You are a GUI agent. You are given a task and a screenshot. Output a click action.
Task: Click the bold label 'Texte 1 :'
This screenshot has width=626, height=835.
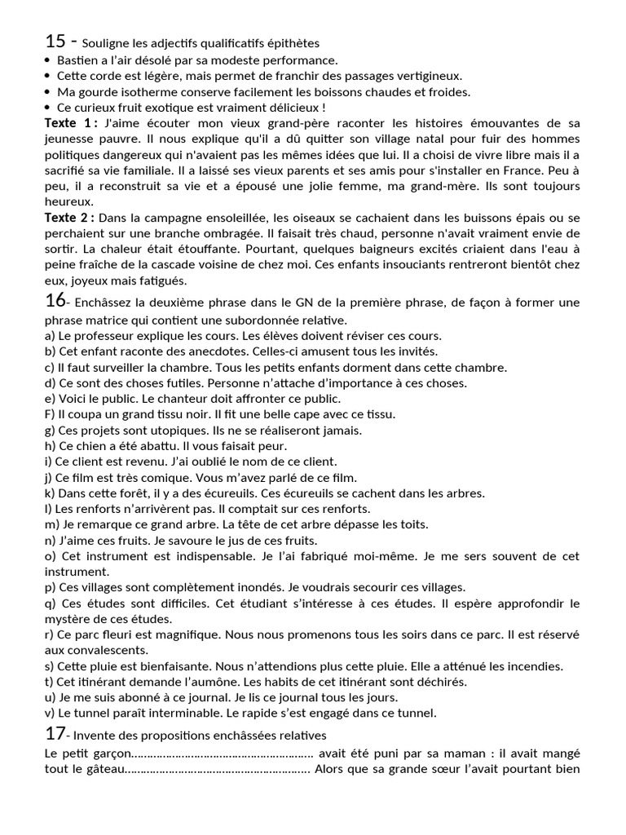point(71,123)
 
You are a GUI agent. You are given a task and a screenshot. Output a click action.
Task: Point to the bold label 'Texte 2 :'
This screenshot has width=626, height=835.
point(71,218)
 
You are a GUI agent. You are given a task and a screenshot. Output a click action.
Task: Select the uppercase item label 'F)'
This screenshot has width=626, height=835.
point(51,414)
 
